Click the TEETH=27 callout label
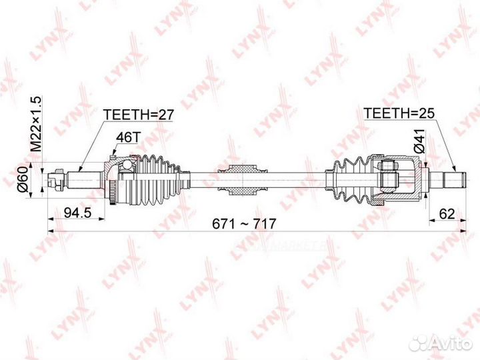139,115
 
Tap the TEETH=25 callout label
399,113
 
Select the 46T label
127,137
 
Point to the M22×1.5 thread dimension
36,124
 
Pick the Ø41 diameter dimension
419,141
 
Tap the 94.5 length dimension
78,213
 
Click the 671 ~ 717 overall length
244,224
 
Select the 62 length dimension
447,214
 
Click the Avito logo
441,343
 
